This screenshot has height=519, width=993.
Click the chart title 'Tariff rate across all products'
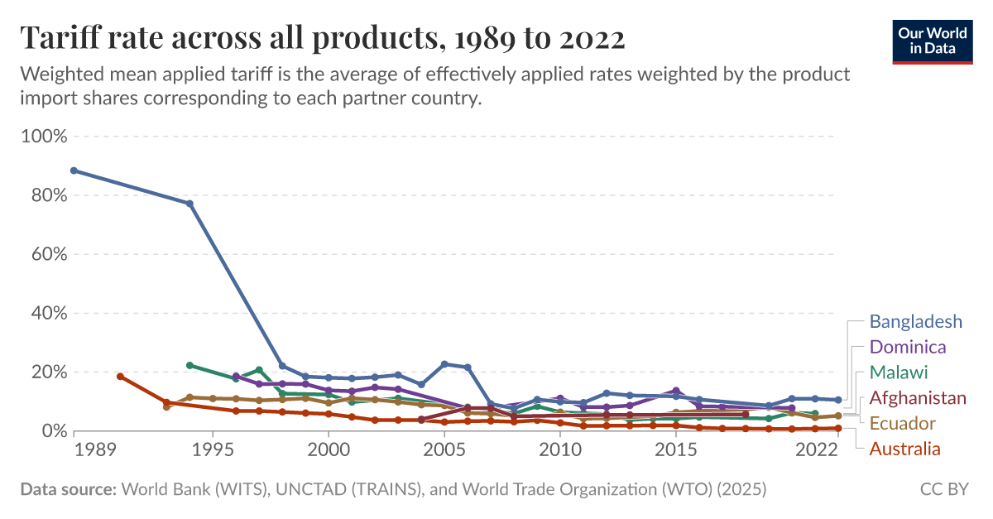click(x=322, y=37)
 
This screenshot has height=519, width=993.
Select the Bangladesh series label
click(x=915, y=321)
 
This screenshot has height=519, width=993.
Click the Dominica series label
click(x=907, y=347)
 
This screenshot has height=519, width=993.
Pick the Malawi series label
click(x=898, y=372)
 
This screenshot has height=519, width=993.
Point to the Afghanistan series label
click(x=917, y=398)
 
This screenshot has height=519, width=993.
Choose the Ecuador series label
click(x=902, y=424)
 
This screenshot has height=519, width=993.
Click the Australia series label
click(x=904, y=449)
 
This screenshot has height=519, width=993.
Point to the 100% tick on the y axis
click(x=42, y=136)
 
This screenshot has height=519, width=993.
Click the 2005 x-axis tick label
click(x=444, y=449)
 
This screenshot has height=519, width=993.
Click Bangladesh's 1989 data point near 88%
click(x=74, y=171)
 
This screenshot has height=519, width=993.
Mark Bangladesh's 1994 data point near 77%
click(x=189, y=204)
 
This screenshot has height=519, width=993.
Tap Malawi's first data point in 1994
click(x=189, y=365)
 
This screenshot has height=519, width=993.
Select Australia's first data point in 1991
click(x=120, y=377)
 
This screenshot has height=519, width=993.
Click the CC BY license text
click(x=944, y=489)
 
